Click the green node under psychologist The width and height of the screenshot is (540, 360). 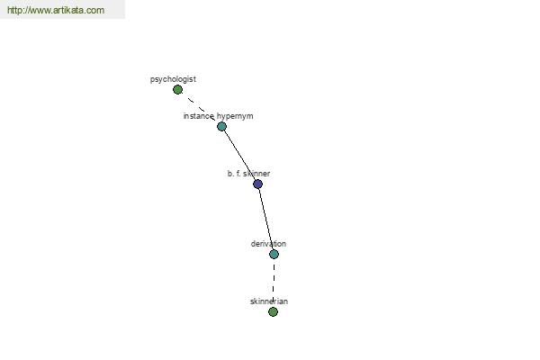pos(177,90)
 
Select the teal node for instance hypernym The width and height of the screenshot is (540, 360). pos(221,126)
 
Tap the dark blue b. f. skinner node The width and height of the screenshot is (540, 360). pos(257,184)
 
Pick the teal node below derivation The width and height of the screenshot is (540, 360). pos(274,254)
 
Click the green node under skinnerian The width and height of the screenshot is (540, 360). pos(273,311)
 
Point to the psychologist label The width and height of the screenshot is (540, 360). pos(173,79)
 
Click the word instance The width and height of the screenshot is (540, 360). pos(199,116)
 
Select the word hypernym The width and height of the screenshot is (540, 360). pos(235,116)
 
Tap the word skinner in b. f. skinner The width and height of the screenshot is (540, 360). pos(258,174)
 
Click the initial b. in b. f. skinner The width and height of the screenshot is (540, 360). pos(230,174)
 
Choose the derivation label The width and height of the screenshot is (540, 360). pos(268,244)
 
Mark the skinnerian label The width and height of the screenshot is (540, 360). pos(269,301)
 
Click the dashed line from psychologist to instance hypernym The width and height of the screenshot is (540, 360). pos(200,108)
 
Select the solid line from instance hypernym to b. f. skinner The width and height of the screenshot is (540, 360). pos(239,155)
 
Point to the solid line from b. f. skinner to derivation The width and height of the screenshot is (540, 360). pos(265,219)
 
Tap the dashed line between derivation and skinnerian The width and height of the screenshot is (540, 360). pos(274,283)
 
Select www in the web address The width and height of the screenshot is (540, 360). pos(38,10)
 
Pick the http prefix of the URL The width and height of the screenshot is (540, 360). pos(13,10)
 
